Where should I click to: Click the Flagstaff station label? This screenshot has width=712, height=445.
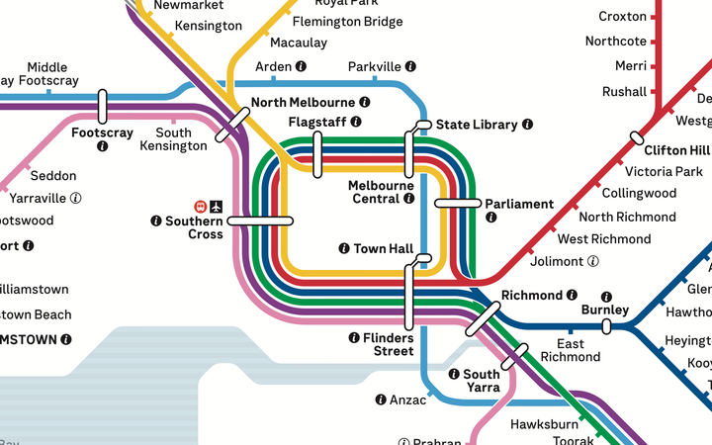317,122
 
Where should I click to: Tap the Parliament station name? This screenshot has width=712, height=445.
519,204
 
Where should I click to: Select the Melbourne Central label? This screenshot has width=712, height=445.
380,192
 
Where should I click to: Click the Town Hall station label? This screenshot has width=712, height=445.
383,248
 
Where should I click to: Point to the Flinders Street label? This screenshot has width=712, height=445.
387,344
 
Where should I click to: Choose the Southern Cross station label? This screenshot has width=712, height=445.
193,227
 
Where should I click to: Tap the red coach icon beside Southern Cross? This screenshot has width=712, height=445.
200,207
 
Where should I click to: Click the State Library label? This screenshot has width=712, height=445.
477,125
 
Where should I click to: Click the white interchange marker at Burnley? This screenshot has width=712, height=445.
606,326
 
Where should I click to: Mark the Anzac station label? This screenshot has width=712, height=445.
408,400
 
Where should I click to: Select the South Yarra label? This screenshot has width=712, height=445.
483,381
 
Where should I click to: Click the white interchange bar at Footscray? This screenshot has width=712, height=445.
102,106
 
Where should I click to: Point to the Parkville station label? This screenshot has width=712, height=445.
375,66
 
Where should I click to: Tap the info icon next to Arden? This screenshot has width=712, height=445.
301,66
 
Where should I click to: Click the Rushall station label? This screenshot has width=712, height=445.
624,92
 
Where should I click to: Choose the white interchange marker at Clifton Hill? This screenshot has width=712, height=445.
636,137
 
